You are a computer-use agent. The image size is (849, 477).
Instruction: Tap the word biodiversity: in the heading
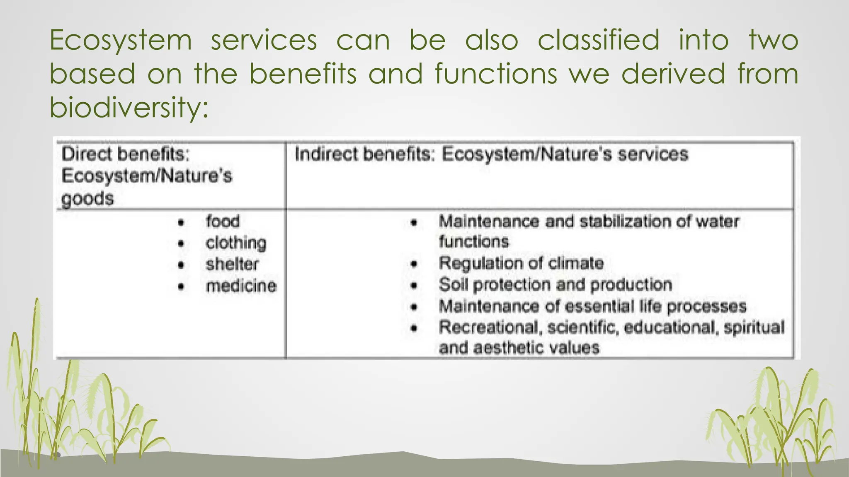[129, 108]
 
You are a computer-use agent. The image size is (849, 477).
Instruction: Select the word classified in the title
[598, 41]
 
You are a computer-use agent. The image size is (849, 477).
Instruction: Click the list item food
[223, 222]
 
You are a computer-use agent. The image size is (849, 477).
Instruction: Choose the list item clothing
[236, 243]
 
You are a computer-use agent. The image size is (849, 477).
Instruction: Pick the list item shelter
[232, 265]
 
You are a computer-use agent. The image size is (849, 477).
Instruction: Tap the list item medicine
[241, 286]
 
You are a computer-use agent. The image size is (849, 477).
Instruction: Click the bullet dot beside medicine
[181, 287]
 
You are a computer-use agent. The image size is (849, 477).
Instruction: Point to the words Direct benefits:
[126, 154]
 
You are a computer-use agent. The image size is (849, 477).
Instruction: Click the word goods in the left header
[87, 199]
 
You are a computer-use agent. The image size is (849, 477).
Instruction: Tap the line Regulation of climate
[521, 263]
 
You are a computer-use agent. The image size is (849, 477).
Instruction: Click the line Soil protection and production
[555, 285]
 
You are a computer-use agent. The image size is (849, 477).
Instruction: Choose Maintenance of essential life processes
[592, 306]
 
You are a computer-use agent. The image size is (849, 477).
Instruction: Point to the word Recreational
[491, 328]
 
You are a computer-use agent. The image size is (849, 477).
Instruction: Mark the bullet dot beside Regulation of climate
[414, 264]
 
